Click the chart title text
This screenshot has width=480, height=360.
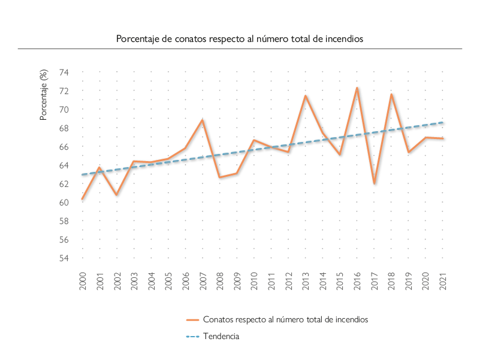point(240,38)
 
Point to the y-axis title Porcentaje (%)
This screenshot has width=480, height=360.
point(43,95)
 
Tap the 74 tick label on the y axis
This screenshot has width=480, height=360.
point(64,72)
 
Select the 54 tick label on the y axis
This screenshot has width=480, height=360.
point(64,258)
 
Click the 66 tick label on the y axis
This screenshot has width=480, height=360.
point(64,147)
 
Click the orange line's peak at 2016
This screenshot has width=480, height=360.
point(357,88)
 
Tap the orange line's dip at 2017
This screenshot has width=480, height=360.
point(374,183)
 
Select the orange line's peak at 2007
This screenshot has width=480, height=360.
point(203,120)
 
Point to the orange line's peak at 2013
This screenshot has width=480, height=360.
point(306,96)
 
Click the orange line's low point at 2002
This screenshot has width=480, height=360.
point(116,195)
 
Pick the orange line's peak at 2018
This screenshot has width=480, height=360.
point(391,94)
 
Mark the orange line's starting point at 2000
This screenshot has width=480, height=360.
point(82,199)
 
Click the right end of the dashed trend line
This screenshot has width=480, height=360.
point(443,122)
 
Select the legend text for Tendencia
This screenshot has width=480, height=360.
point(221,337)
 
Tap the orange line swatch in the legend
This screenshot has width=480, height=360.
point(191,320)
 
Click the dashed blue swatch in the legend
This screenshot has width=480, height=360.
point(191,337)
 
